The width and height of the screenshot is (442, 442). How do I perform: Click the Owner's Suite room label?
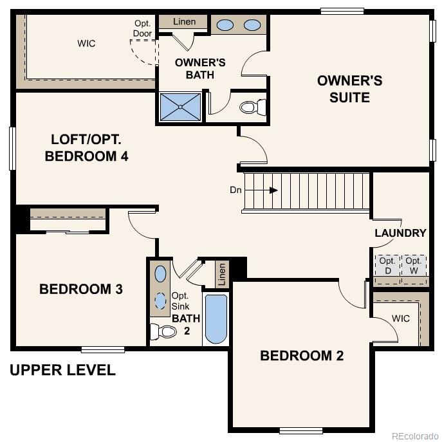[349, 89]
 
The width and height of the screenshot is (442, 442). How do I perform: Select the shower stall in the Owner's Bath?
[180, 107]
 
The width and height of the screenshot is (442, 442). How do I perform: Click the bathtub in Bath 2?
[216, 318]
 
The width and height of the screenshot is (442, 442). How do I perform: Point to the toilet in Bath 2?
[163, 332]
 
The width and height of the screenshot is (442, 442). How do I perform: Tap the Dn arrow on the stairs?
[273, 190]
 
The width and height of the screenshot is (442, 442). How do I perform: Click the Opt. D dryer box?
[387, 266]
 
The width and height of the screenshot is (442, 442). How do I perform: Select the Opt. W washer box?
[414, 266]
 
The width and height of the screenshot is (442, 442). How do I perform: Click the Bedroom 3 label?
[81, 290]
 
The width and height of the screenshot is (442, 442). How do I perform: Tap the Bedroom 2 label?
[302, 356]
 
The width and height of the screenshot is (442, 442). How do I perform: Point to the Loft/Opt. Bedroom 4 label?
[86, 148]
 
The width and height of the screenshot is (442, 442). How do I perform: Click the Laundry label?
[400, 233]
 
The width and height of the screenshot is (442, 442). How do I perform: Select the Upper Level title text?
[62, 371]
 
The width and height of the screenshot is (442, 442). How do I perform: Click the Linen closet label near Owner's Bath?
[185, 23]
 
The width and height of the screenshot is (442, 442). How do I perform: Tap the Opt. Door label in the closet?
[143, 28]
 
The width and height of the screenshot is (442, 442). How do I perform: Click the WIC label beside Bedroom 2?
[400, 318]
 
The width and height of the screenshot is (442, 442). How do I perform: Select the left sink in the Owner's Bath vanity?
[225, 25]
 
